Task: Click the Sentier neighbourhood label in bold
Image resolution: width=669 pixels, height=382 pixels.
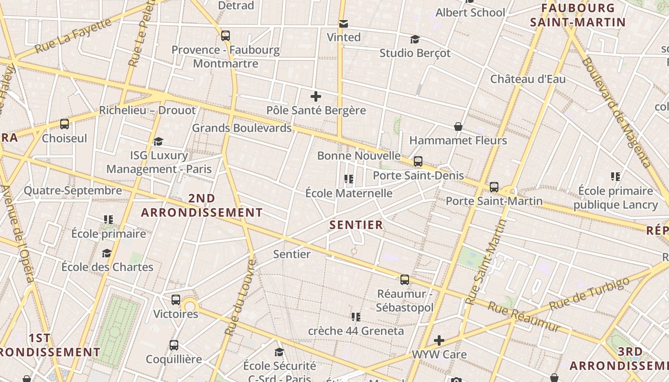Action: coord(356,225)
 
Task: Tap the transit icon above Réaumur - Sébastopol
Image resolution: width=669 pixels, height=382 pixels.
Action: coord(405,280)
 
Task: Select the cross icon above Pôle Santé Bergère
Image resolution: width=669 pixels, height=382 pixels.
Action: coord(316,96)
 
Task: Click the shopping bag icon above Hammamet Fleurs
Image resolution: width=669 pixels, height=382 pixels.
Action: coord(458,127)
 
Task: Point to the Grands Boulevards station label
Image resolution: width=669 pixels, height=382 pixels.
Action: coord(241,128)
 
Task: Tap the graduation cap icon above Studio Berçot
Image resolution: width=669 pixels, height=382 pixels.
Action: coord(415,39)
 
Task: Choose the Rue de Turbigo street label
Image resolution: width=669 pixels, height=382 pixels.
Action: coord(589,292)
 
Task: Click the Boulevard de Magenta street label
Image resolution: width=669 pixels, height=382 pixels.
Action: coord(616,112)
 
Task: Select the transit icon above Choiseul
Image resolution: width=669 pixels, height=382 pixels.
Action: coord(65,124)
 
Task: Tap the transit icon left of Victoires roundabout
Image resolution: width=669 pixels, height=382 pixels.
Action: coord(176,300)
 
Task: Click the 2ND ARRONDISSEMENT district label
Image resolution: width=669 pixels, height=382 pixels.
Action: coord(202,205)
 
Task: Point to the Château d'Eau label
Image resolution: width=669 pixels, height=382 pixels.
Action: coord(528,79)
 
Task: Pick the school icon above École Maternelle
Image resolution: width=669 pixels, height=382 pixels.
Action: coord(349,179)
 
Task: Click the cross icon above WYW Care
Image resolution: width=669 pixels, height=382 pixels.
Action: coord(439,340)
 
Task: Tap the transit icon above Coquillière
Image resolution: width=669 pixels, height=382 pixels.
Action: coord(174,345)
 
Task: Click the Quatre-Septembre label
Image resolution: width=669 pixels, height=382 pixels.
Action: coord(73,191)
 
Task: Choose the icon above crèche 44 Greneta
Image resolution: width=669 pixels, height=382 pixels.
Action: coord(356,317)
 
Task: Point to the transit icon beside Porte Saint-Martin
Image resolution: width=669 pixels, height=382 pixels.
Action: coord(494,187)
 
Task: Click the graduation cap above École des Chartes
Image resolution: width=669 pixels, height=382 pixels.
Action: coord(107,253)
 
